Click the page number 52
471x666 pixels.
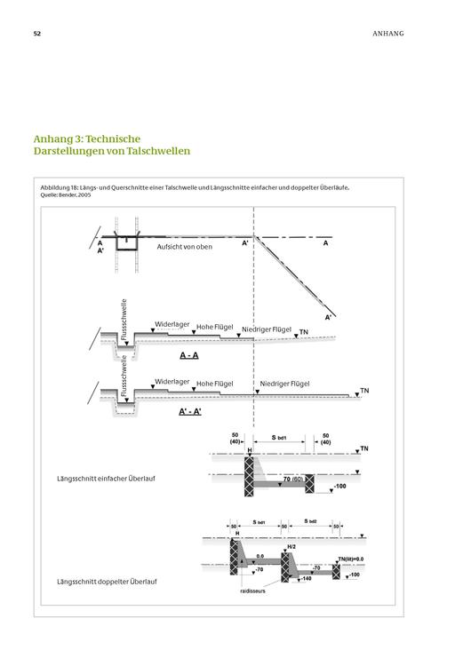pyautogui.click(x=37, y=34)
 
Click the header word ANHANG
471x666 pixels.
pyautogui.click(x=388, y=34)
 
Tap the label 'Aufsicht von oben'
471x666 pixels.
pyautogui.click(x=185, y=247)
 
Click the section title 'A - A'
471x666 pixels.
pyautogui.click(x=189, y=355)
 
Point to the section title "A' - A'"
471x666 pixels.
pyautogui.click(x=190, y=411)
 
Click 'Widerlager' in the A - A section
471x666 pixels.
pyautogui.click(x=172, y=324)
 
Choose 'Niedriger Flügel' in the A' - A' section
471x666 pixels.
pyautogui.click(x=284, y=384)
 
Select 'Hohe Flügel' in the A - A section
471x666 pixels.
pyautogui.click(x=215, y=327)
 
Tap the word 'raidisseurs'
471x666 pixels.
pyautogui.click(x=252, y=591)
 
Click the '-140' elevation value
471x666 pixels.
pyautogui.click(x=306, y=578)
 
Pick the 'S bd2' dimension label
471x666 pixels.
pyautogui.click(x=311, y=521)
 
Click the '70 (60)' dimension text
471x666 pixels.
pyautogui.click(x=293, y=480)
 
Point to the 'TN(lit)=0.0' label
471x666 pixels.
pyautogui.click(x=351, y=559)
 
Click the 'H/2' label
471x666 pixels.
pyautogui.click(x=291, y=547)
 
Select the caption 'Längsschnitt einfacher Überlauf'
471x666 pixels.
pyautogui.click(x=107, y=479)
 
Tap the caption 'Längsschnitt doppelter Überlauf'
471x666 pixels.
pyautogui.click(x=107, y=582)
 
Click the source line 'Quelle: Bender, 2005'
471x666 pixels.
pyautogui.click(x=66, y=195)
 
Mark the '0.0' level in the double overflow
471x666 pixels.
pyautogui.click(x=260, y=556)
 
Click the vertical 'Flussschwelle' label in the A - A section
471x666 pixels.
pyautogui.click(x=124, y=320)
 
